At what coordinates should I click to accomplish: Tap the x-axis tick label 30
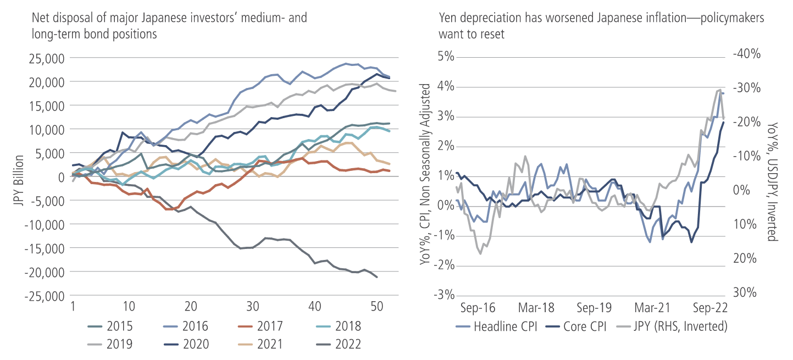252,306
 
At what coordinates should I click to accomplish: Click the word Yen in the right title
448,18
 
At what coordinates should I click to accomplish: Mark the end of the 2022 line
377,277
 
